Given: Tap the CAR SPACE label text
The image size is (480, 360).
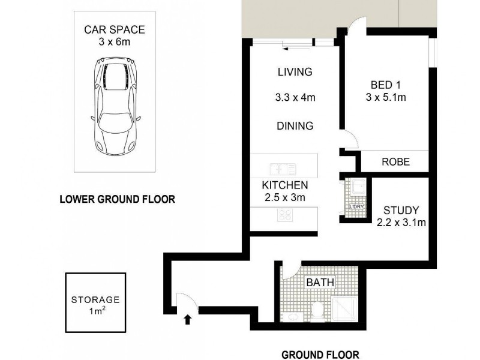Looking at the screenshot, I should point(114,29).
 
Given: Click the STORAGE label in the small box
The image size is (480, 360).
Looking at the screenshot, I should point(95,299).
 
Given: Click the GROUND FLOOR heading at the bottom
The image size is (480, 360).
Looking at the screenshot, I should point(320,353).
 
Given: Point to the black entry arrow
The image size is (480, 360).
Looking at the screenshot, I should point(188,320).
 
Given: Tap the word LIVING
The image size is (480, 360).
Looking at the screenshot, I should point(295,73).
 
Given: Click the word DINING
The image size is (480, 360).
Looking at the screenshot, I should point(295,126).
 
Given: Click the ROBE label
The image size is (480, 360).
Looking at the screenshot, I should point(395,162).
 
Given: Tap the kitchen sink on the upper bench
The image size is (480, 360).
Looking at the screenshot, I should point(283,169).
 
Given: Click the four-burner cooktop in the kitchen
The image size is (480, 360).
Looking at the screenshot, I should point(284,215).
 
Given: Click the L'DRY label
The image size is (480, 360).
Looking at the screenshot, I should point(358,208).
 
